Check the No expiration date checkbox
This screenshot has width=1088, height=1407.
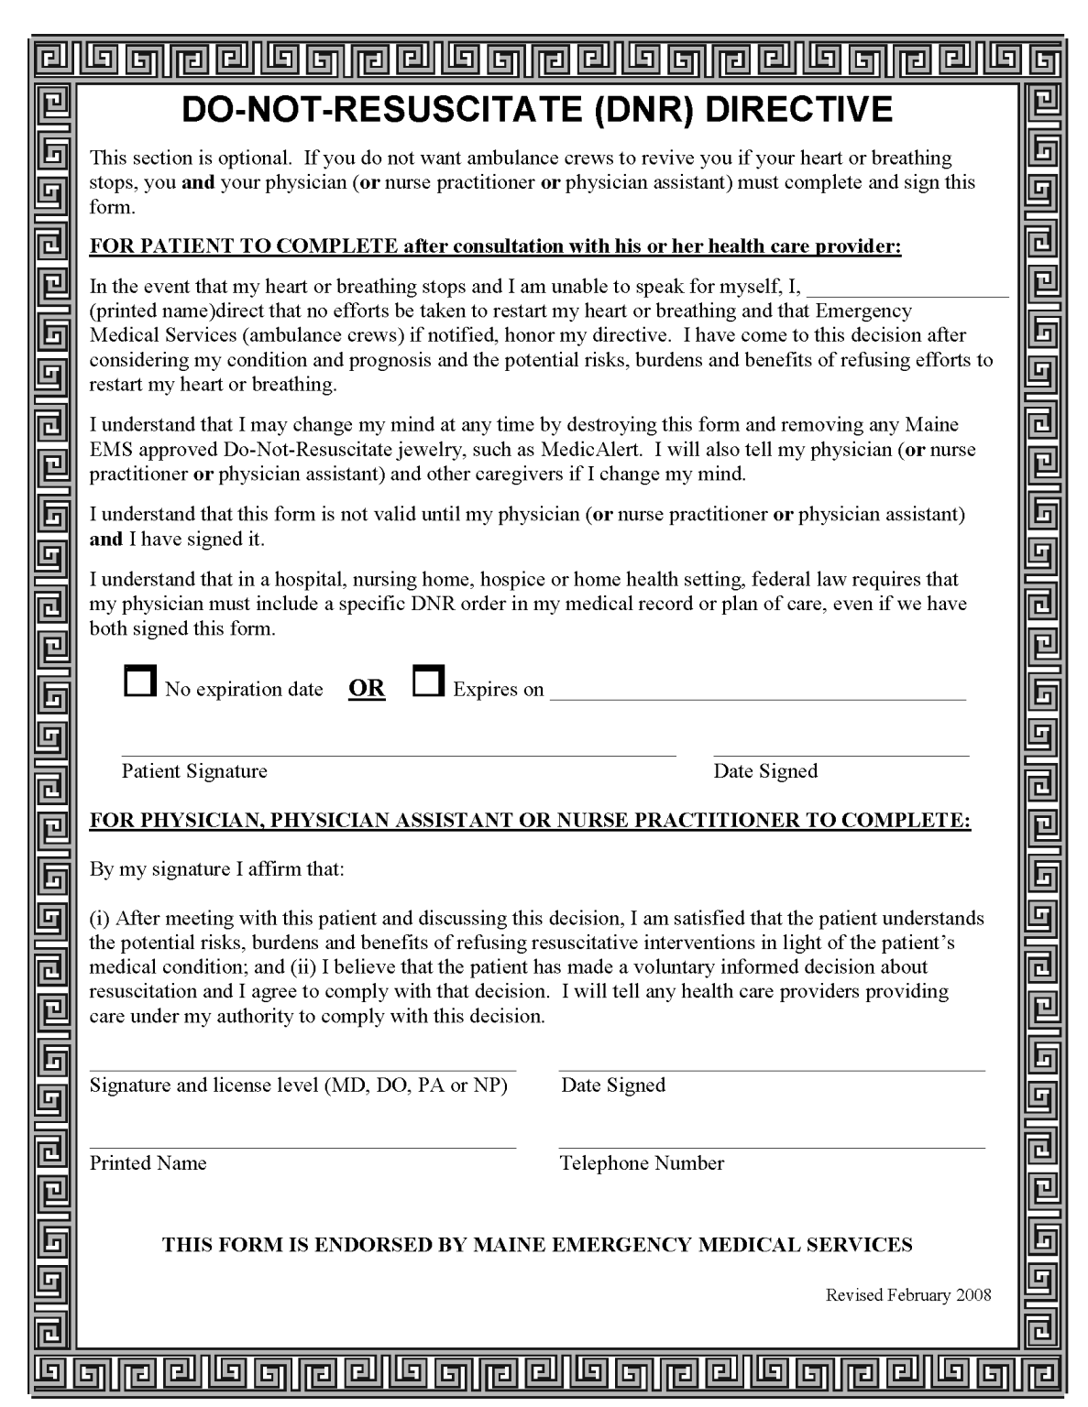(x=139, y=682)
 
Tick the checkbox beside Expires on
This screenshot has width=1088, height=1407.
(x=428, y=682)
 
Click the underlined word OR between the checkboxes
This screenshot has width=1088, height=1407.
(x=367, y=689)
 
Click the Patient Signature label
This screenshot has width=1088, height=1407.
(x=194, y=771)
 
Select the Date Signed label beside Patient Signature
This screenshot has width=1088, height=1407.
(x=765, y=771)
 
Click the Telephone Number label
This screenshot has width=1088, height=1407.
(x=642, y=1163)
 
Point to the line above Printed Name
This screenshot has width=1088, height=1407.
(x=302, y=1147)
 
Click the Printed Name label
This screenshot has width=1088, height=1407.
(x=148, y=1163)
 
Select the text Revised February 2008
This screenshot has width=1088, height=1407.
(x=908, y=1295)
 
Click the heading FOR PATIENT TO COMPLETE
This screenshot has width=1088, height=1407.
(x=243, y=247)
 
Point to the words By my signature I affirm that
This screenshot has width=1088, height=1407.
(x=216, y=868)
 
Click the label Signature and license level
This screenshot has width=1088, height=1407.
(x=298, y=1085)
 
